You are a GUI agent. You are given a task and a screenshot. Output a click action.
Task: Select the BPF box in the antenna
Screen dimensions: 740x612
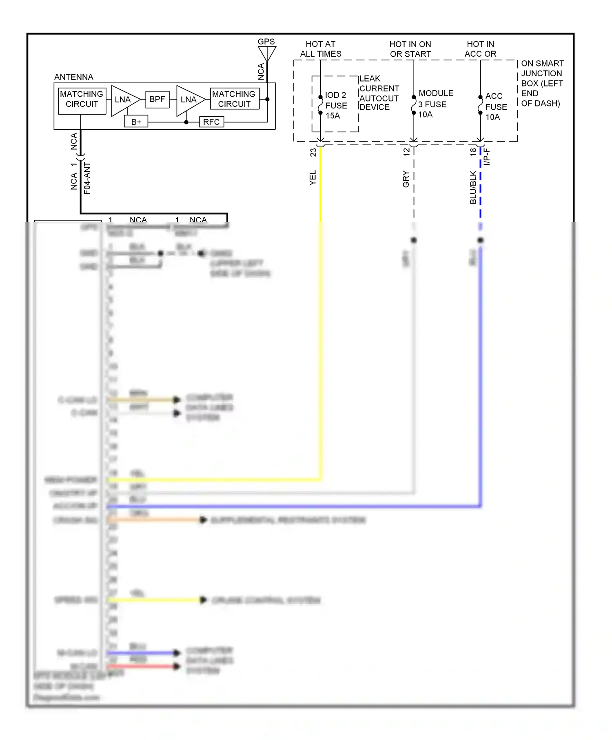(x=157, y=99)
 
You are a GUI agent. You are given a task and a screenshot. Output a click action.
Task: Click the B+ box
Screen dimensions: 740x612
(x=136, y=122)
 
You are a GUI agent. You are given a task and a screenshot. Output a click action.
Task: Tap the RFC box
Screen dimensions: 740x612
(x=211, y=122)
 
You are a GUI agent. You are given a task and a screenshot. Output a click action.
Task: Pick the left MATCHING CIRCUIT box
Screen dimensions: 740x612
(x=82, y=99)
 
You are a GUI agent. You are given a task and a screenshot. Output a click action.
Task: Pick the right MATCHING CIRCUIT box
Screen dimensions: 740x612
(x=234, y=99)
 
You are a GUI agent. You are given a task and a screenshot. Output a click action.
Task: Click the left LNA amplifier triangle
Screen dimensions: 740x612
(x=124, y=100)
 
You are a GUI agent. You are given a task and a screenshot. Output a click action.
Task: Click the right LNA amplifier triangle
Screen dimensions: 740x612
(x=188, y=100)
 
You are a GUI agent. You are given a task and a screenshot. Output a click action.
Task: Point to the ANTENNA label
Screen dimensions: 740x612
(x=73, y=77)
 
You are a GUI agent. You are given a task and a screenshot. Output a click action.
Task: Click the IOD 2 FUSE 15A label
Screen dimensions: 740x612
(x=336, y=105)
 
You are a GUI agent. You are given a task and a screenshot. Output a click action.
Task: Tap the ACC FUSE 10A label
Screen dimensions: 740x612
(x=495, y=106)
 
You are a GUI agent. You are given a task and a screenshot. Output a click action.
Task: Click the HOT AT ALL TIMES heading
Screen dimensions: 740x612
(x=321, y=49)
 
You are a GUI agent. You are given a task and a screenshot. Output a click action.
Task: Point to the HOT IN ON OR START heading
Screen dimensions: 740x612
(x=410, y=49)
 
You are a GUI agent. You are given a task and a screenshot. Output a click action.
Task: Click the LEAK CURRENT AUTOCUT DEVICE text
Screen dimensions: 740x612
(x=379, y=93)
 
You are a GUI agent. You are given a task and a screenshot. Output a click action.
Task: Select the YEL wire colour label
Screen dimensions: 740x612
(x=313, y=178)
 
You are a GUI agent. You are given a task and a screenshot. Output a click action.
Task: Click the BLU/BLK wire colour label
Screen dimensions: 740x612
(x=473, y=187)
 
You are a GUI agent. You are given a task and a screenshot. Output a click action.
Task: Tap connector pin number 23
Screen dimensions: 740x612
(x=313, y=152)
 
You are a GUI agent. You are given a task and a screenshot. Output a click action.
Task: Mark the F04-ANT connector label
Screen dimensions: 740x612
(x=87, y=178)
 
